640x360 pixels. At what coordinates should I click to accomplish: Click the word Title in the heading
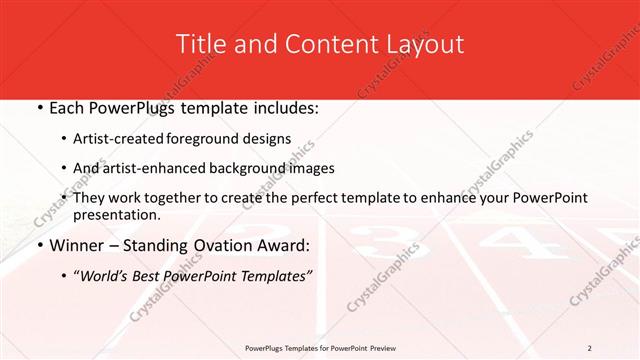[x=202, y=44]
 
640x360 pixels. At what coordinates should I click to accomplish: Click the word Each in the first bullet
[x=69, y=107]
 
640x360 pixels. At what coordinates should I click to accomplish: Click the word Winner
[x=78, y=245]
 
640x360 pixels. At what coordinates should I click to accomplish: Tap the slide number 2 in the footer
[x=589, y=348]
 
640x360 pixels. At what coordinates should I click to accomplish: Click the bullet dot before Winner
[x=40, y=246]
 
